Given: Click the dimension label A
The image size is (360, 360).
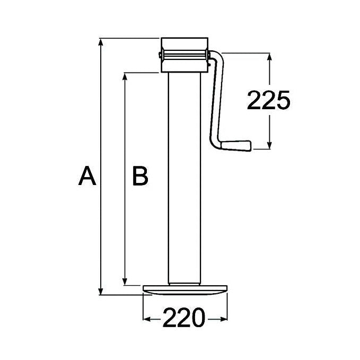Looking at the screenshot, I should point(87,176).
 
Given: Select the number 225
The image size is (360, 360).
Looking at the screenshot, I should point(269,100).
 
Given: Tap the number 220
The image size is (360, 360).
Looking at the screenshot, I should point(183,319).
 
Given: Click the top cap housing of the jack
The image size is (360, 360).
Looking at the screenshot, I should point(185,55).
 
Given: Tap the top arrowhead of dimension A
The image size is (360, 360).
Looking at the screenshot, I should point(101,42).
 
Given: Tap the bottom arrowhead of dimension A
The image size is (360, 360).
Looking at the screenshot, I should point(101,291).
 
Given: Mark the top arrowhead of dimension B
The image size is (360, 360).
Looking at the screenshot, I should point(125,77).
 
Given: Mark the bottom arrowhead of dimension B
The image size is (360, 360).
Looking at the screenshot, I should point(125,281).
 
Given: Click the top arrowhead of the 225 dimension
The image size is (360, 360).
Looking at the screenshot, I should point(270,57).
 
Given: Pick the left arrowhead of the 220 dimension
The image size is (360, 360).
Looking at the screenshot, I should point(147,319).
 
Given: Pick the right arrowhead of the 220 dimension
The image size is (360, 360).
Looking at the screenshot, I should point(224,319).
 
